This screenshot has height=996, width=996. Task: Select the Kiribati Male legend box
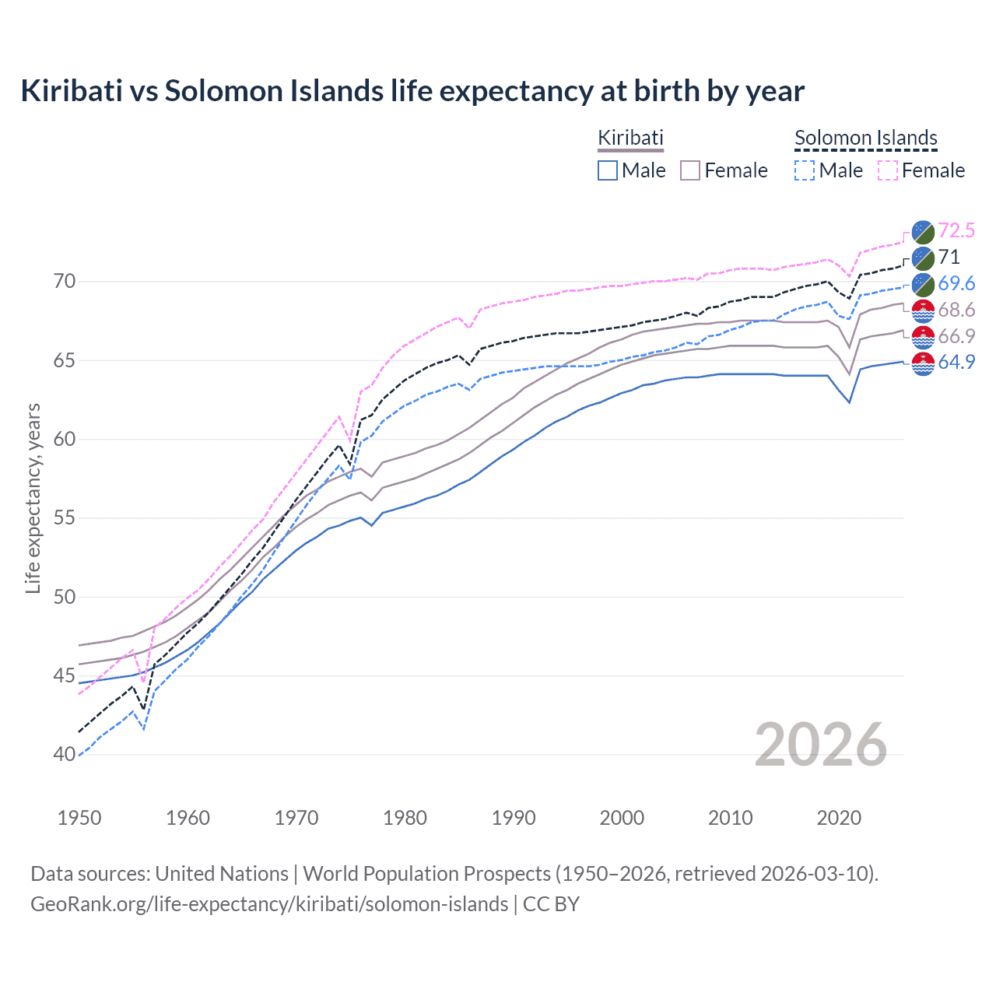(608, 170)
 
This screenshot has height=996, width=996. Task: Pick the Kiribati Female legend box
(690, 170)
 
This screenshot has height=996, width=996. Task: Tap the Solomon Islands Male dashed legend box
(805, 170)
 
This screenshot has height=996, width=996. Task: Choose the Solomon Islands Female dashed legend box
(888, 170)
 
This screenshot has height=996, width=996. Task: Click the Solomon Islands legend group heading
(865, 138)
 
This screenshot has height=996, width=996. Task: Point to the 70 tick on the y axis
(65, 281)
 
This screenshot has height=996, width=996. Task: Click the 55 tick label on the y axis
(65, 518)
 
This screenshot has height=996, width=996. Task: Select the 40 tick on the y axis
(65, 754)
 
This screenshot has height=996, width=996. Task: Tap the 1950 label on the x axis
(79, 818)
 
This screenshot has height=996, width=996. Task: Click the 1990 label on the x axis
(514, 818)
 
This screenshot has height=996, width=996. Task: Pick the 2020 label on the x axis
(839, 818)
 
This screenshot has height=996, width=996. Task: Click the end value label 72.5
(956, 230)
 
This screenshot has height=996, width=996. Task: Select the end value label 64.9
(956, 362)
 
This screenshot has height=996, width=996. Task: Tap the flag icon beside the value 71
(923, 258)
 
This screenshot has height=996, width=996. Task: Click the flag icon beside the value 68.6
(923, 310)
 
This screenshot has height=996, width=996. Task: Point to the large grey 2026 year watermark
(821, 745)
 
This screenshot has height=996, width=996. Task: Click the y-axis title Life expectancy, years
(33, 498)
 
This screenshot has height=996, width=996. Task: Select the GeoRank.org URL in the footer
(269, 904)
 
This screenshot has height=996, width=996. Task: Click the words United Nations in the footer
(222, 874)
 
